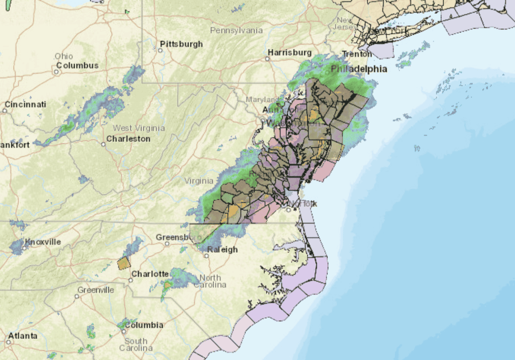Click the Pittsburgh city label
[x=181, y=44]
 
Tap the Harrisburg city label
[x=290, y=52]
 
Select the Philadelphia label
[x=359, y=69]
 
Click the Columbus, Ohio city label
[x=77, y=65]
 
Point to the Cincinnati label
[x=25, y=104]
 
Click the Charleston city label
[x=128, y=139]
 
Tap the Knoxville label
[x=43, y=241]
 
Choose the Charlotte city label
[x=150, y=273]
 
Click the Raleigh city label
[x=223, y=249]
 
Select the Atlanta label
[x=22, y=336]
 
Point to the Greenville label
[x=96, y=290]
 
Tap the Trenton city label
[x=357, y=54]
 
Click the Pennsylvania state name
[x=236, y=30]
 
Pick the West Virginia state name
[x=139, y=128]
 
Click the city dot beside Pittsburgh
[x=160, y=50]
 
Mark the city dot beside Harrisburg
[x=267, y=59]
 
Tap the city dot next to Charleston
[x=103, y=144]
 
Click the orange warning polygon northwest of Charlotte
[x=124, y=263]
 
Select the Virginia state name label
[x=199, y=181]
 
